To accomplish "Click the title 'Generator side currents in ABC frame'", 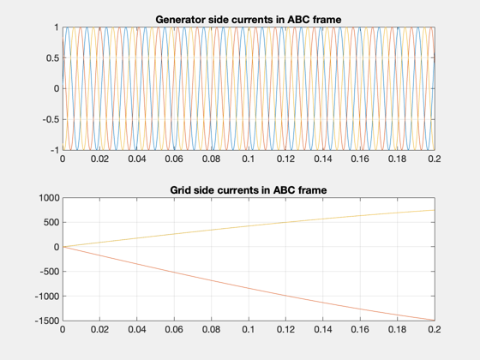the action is pos(249,20).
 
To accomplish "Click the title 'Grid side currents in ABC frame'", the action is pos(249,190).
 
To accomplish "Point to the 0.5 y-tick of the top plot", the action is pos(52,58).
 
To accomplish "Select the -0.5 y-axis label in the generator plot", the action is pos(51,119).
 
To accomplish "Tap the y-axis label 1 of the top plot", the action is pos(57,27).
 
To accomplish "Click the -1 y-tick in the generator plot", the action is pos(55,150).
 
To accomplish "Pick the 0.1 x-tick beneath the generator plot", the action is pos(249,159).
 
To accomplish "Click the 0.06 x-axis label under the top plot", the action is pos(174,159).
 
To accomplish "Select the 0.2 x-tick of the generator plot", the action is pos(435,159).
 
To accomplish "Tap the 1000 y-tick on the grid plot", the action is pos(49,198).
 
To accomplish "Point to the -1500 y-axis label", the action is pos(47,321).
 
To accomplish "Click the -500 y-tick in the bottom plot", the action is pos(49,272).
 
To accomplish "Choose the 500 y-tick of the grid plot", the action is pos(51,222).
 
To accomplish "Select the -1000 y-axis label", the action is pos(47,296).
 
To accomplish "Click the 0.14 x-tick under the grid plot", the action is pos(323,329).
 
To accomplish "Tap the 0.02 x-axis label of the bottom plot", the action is pos(99,329).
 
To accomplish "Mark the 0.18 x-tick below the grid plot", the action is pos(398,329).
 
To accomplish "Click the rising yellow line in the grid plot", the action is pos(249,226).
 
